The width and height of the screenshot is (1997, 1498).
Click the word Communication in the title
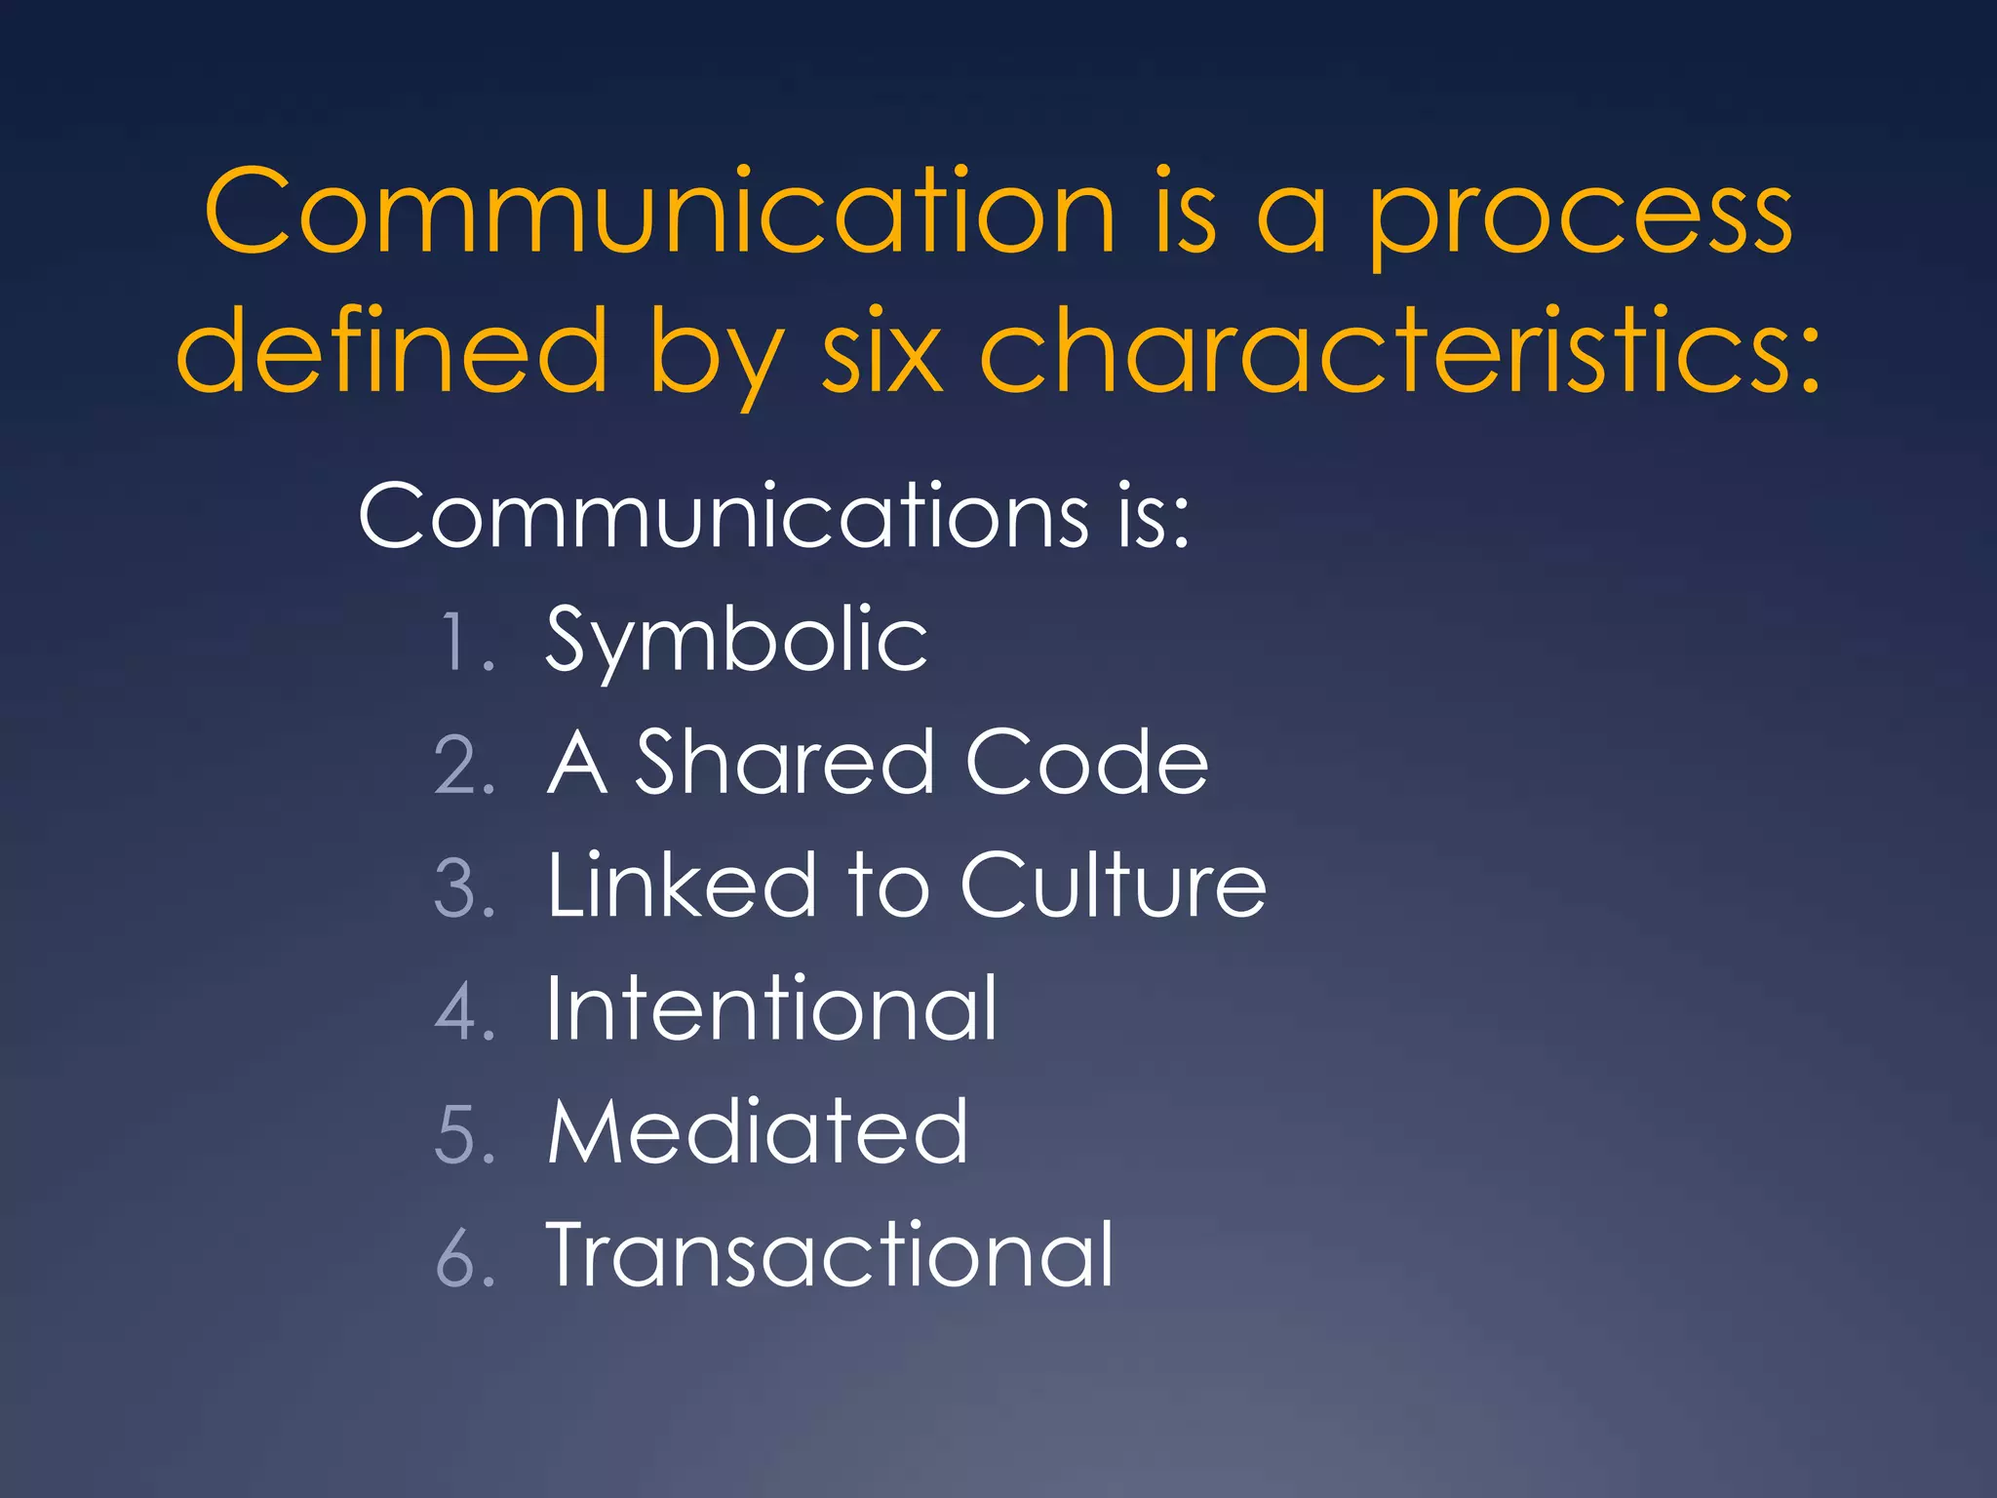tap(659, 212)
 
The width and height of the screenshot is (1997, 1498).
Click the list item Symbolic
tap(736, 641)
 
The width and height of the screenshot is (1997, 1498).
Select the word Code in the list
tap(1086, 763)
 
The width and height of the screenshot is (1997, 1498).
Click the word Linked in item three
tap(682, 886)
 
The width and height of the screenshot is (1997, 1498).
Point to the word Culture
tap(1113, 886)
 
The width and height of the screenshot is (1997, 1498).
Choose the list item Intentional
tap(771, 1008)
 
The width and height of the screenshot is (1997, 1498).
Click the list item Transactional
tap(830, 1255)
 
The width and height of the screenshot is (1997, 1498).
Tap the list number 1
tap(458, 643)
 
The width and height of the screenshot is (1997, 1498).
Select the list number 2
tap(458, 766)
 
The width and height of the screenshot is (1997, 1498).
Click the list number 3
tap(458, 888)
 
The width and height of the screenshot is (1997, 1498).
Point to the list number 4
tap(458, 1011)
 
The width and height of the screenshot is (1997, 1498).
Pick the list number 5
tap(458, 1134)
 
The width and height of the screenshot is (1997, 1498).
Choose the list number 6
tap(458, 1257)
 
